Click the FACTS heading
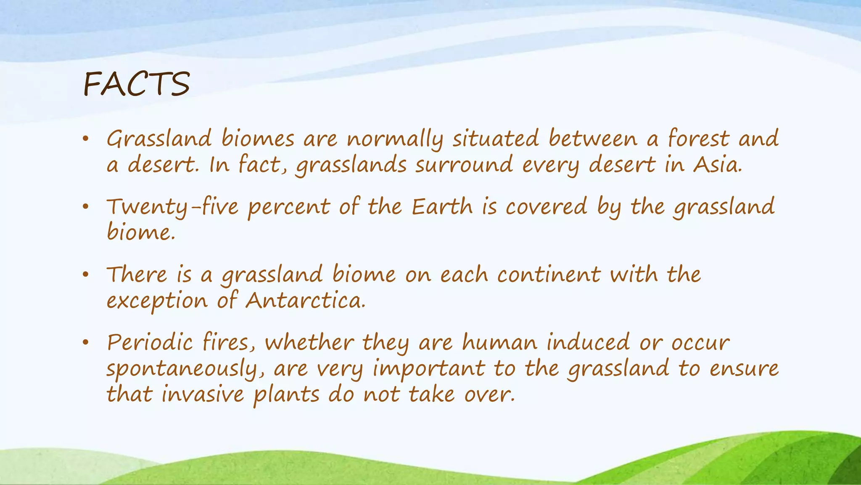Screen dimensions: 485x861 point(137,84)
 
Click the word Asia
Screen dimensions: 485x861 point(718,165)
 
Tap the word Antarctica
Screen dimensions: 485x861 point(305,301)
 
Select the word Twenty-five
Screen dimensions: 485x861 point(172,207)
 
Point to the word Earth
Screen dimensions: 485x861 point(442,207)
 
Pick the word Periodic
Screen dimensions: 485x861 point(150,342)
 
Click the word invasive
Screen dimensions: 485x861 point(203,394)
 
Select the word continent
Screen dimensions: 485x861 point(549,275)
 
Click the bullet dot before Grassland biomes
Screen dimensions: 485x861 point(85,139)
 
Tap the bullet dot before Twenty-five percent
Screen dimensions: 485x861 point(85,207)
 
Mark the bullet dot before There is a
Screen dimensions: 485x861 point(85,275)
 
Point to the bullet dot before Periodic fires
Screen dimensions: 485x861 point(85,343)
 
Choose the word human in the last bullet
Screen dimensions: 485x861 point(499,342)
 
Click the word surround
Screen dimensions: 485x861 point(464,165)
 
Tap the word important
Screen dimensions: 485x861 point(429,369)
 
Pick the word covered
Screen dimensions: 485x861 point(546,207)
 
